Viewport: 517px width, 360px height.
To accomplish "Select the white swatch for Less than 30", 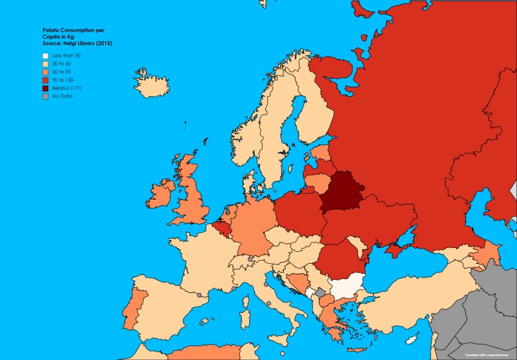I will click(45, 56).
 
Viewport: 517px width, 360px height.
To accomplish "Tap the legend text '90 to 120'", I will click(65, 80).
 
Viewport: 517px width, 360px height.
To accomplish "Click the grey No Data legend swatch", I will click(45, 96).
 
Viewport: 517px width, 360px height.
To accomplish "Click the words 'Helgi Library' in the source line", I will click(71, 43).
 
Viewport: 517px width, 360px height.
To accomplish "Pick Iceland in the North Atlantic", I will click(150, 77).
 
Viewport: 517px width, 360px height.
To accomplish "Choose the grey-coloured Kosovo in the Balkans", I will click(321, 292).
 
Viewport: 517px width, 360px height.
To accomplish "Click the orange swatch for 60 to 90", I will click(45, 72).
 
